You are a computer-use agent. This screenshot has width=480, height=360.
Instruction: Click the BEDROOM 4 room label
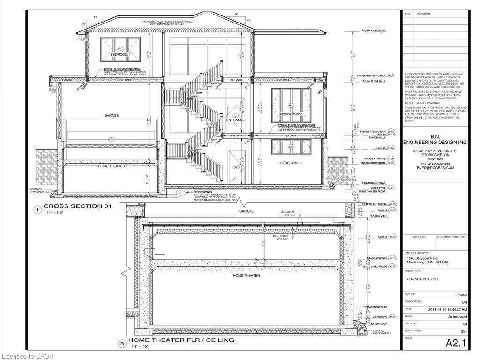tap(120, 55)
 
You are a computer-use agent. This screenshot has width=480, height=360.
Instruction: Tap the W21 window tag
tap(120, 49)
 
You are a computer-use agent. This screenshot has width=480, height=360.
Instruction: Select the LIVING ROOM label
tap(291, 114)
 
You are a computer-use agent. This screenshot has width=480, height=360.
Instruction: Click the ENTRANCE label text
tap(235, 120)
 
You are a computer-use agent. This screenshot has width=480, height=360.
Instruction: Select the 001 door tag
tap(236, 167)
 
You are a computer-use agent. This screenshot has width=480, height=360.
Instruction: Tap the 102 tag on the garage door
tap(111, 139)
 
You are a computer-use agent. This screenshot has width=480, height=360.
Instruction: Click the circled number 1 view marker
tap(37, 210)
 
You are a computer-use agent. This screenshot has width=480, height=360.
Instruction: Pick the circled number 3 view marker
tap(122, 344)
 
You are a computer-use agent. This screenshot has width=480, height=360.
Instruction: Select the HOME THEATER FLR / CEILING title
tap(181, 340)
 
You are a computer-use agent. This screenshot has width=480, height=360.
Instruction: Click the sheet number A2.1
tap(456, 343)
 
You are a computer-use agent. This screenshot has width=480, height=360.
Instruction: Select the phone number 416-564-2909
tap(434, 164)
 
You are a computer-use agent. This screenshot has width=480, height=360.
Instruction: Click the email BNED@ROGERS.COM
tap(434, 168)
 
